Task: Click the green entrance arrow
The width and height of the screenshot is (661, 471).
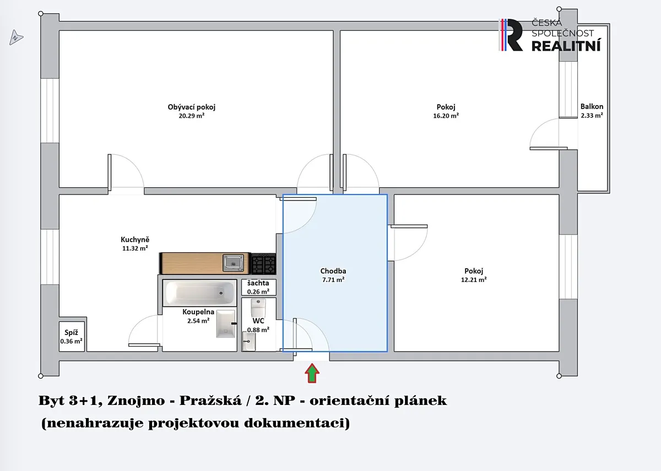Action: (x=312, y=373)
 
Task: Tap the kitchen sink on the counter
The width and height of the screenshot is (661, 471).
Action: (x=233, y=263)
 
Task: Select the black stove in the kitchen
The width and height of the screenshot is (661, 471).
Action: (x=263, y=263)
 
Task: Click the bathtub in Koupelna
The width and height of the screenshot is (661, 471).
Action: (x=199, y=293)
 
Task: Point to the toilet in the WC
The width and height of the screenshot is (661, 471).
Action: (x=258, y=308)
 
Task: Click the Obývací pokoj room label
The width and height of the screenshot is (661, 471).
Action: (x=192, y=107)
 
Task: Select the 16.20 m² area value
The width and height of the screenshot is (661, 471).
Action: (x=446, y=116)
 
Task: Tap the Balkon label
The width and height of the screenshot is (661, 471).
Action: (x=592, y=106)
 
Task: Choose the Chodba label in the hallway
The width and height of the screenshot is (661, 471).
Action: (x=333, y=271)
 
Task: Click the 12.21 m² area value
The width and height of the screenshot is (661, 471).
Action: (x=474, y=280)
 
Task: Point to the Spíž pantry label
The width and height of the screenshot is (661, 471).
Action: (x=71, y=333)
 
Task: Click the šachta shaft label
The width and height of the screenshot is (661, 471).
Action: (x=258, y=283)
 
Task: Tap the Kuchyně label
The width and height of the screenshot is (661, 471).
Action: (x=135, y=239)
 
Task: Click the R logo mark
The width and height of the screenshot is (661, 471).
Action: (x=511, y=35)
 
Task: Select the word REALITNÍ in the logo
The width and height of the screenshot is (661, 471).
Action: (x=566, y=46)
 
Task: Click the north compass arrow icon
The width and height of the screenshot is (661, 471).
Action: (x=16, y=37)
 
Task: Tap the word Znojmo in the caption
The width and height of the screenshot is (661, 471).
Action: (x=136, y=401)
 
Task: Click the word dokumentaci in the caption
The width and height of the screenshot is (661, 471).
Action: (x=297, y=423)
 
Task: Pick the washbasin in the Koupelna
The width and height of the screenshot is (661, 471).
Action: (x=226, y=323)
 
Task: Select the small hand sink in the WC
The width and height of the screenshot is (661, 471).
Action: (x=248, y=342)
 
